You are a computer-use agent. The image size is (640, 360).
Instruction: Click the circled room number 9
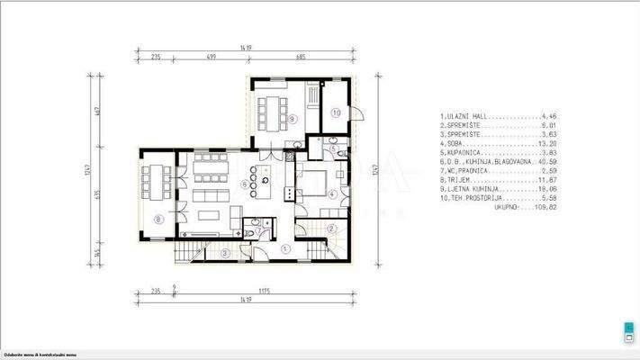[x=293, y=118]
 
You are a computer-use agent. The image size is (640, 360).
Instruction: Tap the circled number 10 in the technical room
[x=335, y=112]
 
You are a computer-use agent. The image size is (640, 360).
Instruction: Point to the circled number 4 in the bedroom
[x=332, y=193]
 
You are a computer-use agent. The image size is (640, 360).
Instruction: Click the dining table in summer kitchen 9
[x=271, y=112]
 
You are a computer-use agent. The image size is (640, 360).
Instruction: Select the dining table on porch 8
[x=158, y=184]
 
